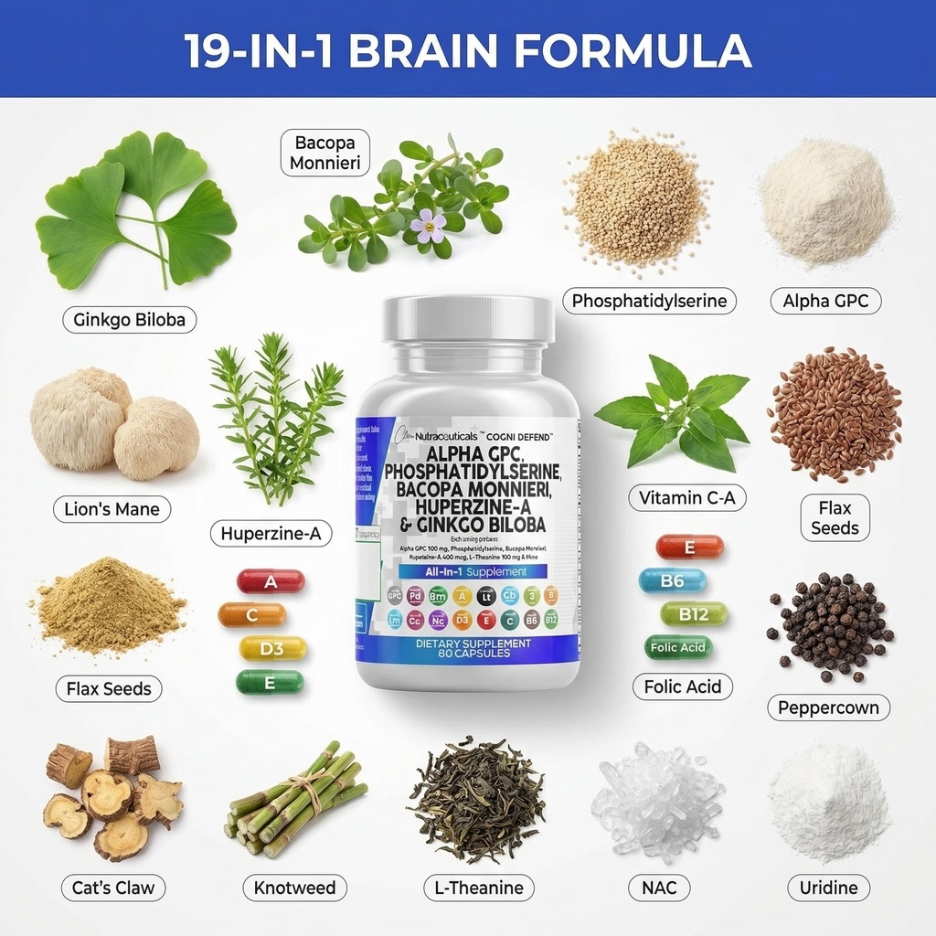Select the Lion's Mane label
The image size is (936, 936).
pyautogui.click(x=112, y=509)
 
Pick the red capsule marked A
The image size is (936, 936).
pyautogui.click(x=271, y=581)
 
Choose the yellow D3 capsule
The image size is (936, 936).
pyautogui.click(x=272, y=648)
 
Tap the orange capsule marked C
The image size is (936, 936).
pyautogui.click(x=252, y=615)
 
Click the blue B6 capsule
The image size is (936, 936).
pyautogui.click(x=673, y=580)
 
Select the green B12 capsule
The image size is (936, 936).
pyautogui.click(x=695, y=614)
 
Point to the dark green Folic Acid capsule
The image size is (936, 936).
pyautogui.click(x=678, y=648)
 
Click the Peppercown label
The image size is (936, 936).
pyautogui.click(x=828, y=707)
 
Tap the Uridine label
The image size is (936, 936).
pyautogui.click(x=828, y=888)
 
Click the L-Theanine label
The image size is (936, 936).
pyautogui.click(x=479, y=888)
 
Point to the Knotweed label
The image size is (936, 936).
pyautogui.click(x=294, y=888)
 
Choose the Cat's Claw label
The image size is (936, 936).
pyautogui.click(x=113, y=888)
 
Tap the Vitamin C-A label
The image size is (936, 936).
pyautogui.click(x=686, y=497)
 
